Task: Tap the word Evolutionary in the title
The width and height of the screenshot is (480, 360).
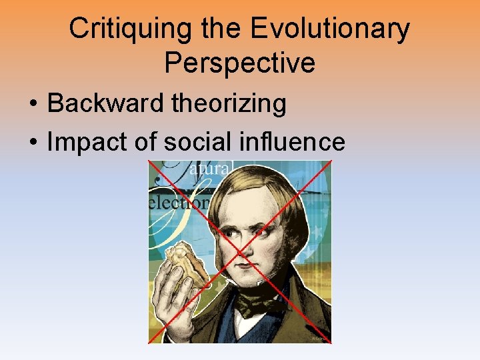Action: (332, 29)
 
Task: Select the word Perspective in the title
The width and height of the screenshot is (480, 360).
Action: (239, 63)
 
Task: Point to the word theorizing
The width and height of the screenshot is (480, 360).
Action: (229, 103)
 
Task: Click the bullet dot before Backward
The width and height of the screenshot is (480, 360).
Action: (33, 105)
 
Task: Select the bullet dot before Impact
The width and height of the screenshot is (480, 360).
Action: (33, 143)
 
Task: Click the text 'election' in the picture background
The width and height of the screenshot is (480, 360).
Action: (178, 201)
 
